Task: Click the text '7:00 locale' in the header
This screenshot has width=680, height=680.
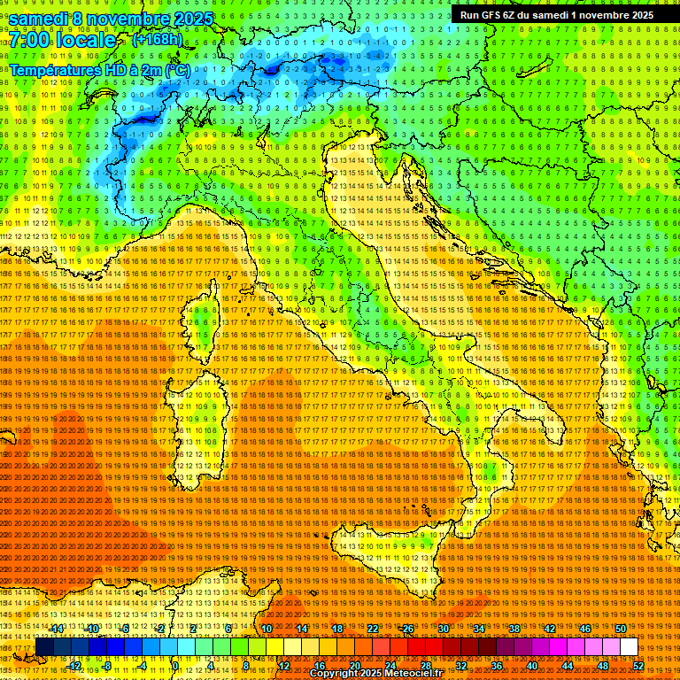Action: (63, 40)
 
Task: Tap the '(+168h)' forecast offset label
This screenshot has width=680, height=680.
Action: (157, 39)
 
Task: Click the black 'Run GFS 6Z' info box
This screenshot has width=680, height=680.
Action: (556, 14)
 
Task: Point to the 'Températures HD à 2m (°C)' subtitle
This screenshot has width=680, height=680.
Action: (99, 70)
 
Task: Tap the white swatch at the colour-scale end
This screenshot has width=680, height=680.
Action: (629, 647)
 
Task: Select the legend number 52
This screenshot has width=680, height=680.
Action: (638, 666)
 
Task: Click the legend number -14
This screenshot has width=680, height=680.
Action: (57, 629)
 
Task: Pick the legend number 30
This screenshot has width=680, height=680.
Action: (444, 629)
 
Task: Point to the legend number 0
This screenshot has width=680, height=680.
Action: (175, 666)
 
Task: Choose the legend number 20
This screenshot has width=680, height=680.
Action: (355, 666)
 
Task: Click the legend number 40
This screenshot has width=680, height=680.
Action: (532, 666)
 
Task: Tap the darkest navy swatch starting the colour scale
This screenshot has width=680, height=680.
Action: (43, 647)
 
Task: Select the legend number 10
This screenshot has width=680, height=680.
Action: (266, 629)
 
